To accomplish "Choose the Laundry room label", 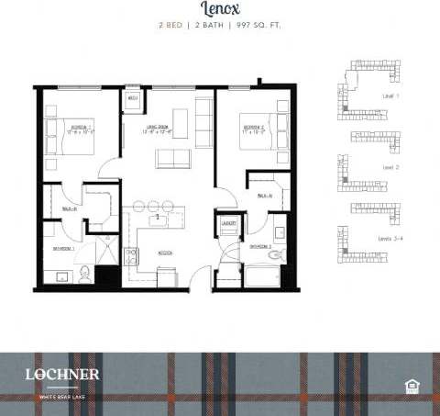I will coord(228,223).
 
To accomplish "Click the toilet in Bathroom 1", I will coord(84,272).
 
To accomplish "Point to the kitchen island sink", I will coord(158,217).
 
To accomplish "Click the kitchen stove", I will coord(132,258).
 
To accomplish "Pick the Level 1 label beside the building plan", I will coord(390,96).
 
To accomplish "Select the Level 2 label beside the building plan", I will coord(390,167).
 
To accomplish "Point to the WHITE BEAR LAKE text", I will coord(57,396).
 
